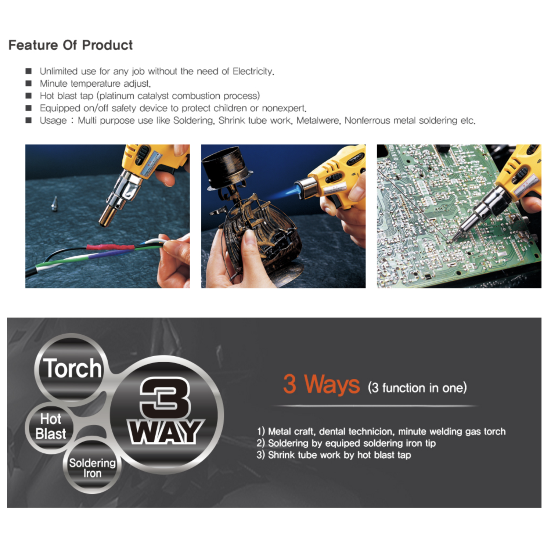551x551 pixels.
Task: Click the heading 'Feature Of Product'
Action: (71, 45)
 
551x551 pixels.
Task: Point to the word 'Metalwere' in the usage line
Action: (318, 120)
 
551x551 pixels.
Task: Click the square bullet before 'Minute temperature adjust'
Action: (29, 83)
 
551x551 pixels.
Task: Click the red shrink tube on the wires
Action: (110, 247)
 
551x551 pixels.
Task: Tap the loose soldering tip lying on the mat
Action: (55, 203)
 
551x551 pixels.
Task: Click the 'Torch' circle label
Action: (72, 368)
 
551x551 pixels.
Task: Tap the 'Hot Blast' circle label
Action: (51, 426)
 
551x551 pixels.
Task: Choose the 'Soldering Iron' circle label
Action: (92, 468)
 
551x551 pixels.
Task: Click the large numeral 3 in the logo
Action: (165, 398)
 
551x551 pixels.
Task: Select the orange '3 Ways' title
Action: (321, 384)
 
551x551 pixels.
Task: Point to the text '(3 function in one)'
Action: (417, 388)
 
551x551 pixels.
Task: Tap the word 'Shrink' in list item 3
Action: (281, 455)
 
